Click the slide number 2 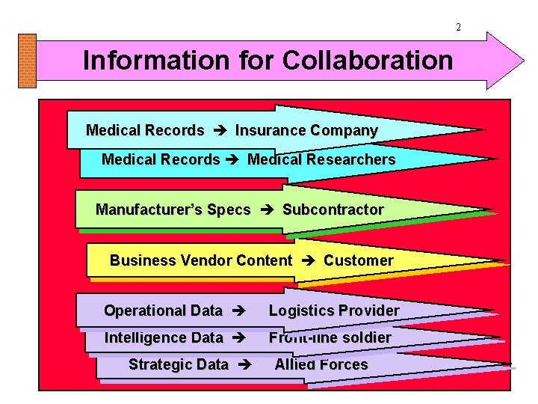tap(459, 28)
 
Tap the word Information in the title tap(140, 60)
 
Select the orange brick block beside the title tap(27, 61)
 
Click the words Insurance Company tap(306, 130)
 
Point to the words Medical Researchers tap(321, 159)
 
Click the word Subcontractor tap(333, 210)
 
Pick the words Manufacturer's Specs tap(173, 210)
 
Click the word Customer tap(359, 261)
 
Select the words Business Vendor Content tap(201, 261)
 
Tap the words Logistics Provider tap(334, 310)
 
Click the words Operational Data tap(164, 310)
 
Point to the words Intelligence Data tap(164, 338)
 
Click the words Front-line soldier tap(330, 338)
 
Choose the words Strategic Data tap(179, 365)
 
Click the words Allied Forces tap(321, 365)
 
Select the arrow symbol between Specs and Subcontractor tap(267, 210)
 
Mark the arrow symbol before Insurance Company tap(220, 130)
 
